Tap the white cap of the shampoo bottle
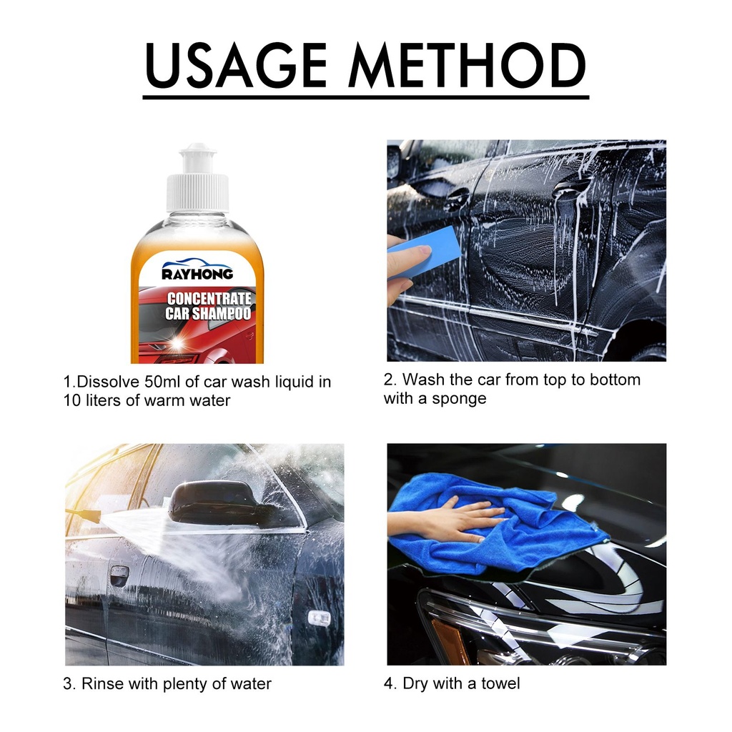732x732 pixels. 198,178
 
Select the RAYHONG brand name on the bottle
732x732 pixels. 197,274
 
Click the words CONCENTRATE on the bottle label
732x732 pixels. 209,299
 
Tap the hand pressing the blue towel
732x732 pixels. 448,519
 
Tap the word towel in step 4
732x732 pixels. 500,683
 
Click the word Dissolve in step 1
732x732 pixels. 108,382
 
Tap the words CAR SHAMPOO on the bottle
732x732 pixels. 208,314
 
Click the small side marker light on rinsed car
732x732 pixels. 320,618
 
